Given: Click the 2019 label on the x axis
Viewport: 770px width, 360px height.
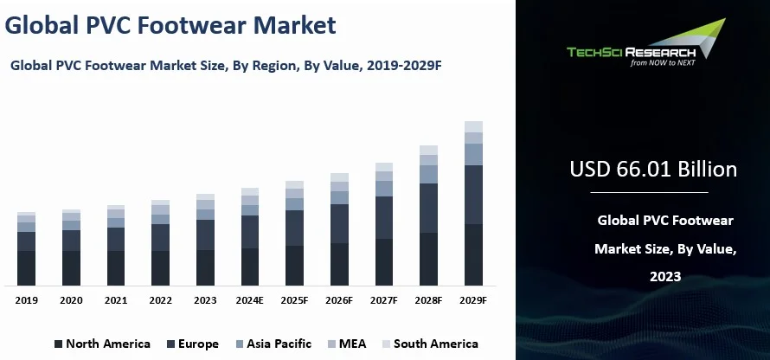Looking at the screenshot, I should point(26,300).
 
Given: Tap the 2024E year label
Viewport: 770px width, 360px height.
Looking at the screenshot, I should point(250,300).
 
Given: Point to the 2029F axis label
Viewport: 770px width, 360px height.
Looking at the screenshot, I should point(473,300).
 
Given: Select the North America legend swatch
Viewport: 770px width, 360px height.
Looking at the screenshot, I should point(59,344).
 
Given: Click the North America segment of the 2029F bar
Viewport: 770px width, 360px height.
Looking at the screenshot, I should point(473,254).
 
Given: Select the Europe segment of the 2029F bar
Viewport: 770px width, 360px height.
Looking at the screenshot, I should point(473,195).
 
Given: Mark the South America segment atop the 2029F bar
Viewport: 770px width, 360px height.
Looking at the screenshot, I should point(473,126).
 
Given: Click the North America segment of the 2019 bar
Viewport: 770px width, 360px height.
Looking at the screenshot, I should point(26,267).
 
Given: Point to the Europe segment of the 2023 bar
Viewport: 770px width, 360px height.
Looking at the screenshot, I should point(205,235).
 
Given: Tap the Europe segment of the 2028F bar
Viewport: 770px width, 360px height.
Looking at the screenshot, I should point(428,208).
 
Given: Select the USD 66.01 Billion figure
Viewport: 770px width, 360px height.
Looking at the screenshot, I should point(653,169).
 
